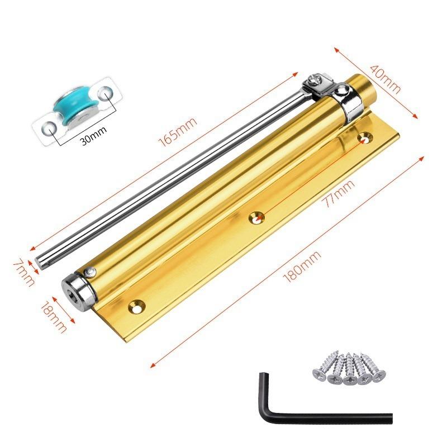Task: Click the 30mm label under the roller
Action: point(91,140)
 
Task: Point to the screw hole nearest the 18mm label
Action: point(136,305)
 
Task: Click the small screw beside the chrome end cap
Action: point(90,272)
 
